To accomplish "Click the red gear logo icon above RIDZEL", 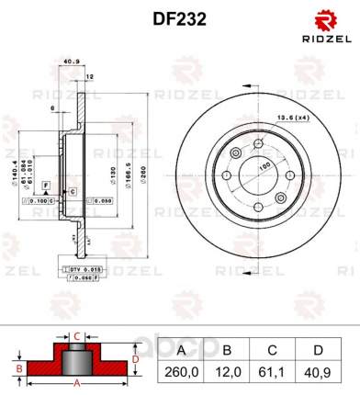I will (327, 19).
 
